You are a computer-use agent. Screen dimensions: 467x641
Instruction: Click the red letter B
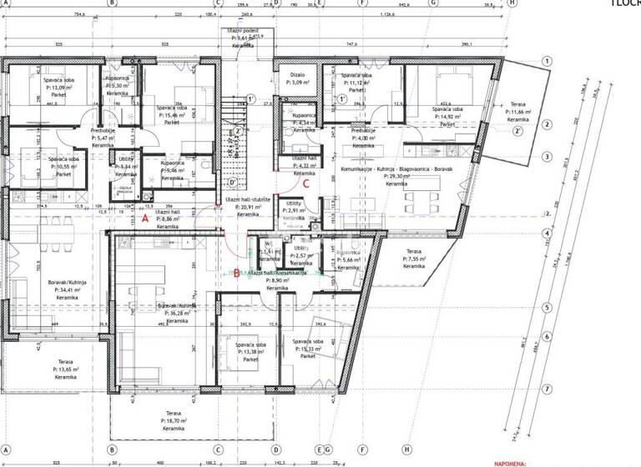click(236, 273)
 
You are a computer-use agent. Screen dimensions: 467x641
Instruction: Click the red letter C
click(306, 183)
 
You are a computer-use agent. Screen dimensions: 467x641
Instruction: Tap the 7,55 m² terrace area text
click(414, 259)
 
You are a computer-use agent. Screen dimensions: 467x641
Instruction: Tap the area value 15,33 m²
click(309, 349)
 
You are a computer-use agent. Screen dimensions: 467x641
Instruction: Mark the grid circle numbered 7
click(547, 389)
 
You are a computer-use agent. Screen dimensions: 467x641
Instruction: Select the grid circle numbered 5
click(547, 308)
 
